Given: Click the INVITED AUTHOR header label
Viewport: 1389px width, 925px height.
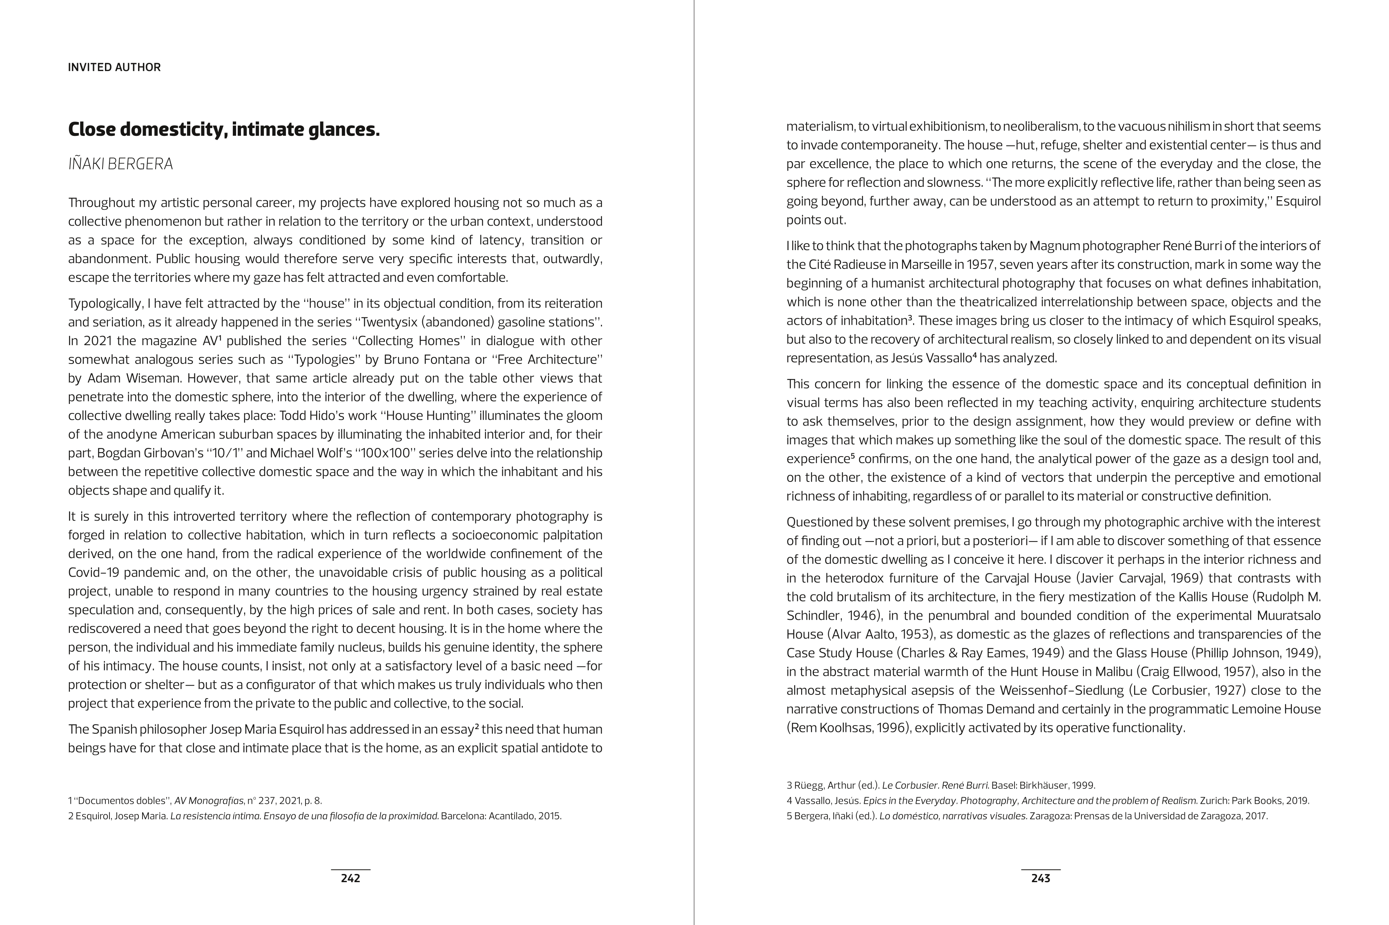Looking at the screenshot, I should [114, 67].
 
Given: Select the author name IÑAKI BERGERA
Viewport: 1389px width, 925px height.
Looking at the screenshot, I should [120, 164].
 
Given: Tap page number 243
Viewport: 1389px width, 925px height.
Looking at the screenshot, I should [1040, 878].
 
